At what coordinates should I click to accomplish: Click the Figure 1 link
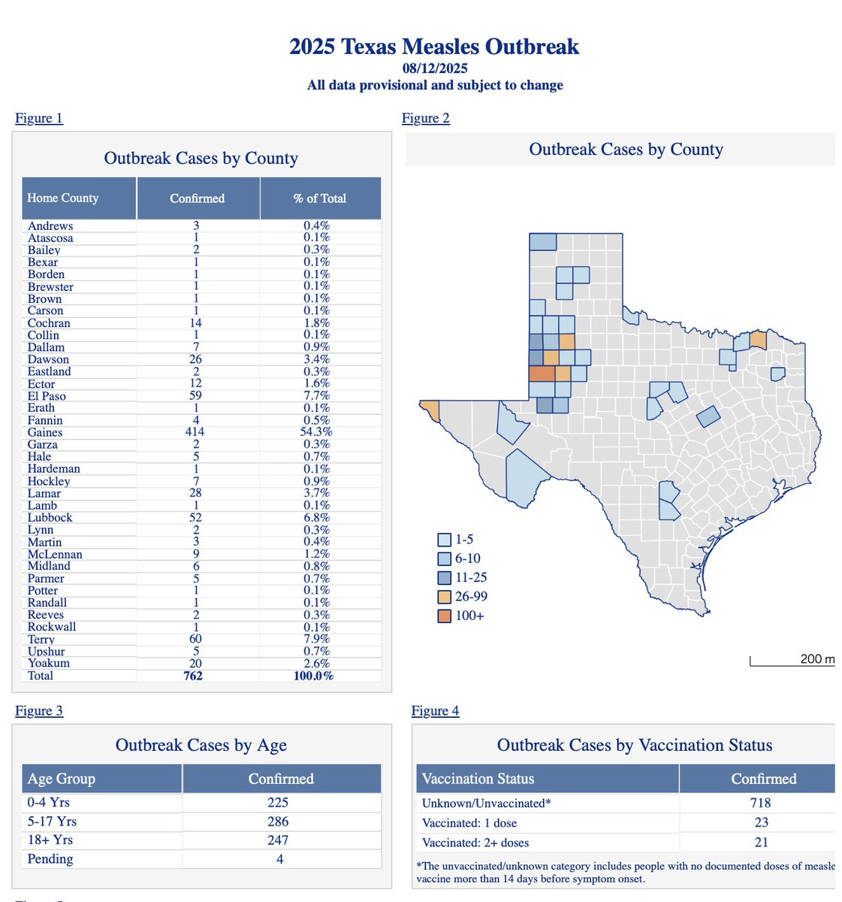[x=39, y=118]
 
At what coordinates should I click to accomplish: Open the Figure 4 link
[x=435, y=710]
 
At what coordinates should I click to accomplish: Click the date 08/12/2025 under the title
[x=434, y=68]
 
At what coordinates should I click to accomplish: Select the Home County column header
[x=63, y=198]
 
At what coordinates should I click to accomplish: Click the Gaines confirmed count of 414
[x=197, y=432]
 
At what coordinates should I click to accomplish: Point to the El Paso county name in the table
[x=47, y=396]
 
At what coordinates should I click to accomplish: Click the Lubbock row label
[x=50, y=518]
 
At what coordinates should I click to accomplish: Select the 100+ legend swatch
[x=444, y=616]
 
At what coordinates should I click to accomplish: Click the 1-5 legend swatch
[x=444, y=540]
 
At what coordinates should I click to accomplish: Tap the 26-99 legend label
[x=471, y=597]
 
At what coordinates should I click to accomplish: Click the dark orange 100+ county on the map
[x=542, y=374]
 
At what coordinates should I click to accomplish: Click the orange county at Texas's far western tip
[x=430, y=408]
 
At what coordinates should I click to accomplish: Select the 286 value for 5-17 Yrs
[x=278, y=822]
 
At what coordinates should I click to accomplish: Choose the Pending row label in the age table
[x=50, y=859]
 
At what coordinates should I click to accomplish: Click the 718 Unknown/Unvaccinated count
[x=761, y=803]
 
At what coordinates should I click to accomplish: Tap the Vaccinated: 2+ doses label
[x=475, y=843]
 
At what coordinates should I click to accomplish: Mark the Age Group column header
[x=62, y=779]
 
